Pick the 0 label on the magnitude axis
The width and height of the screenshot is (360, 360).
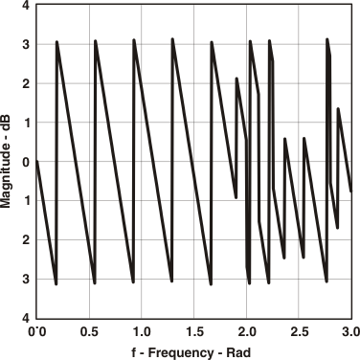pos(26,162)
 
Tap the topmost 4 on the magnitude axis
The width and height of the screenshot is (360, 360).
pos(26,6)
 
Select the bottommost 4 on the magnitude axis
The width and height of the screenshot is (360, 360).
pos(26,318)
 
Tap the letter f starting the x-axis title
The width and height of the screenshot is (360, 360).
pos(136,351)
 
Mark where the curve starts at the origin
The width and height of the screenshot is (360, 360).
pos(36,161)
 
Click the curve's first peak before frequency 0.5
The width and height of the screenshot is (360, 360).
pos(57,42)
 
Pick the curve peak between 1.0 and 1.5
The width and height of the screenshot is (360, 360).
pos(172,39)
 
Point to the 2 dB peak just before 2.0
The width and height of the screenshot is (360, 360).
pos(236,79)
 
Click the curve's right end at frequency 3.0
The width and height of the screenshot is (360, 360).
pos(352,191)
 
